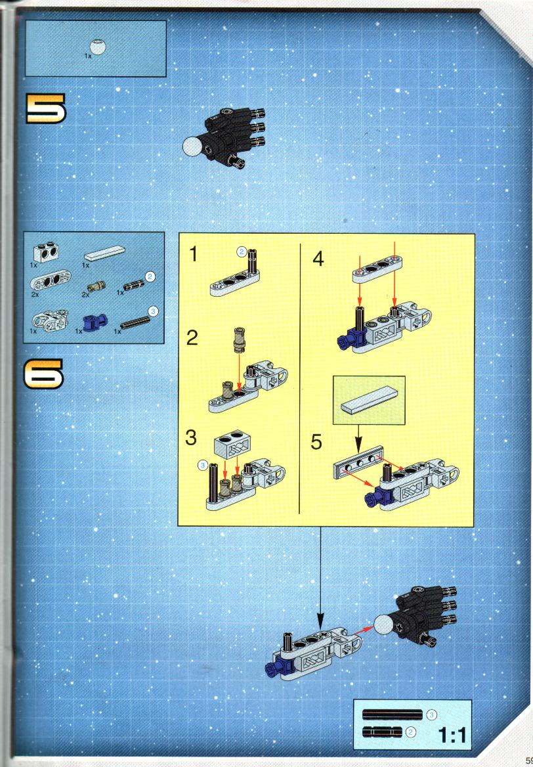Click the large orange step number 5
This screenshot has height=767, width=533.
(45, 108)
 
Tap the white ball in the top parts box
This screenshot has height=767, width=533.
(99, 47)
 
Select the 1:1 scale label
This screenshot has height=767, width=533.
(452, 735)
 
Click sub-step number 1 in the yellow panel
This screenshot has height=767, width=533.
(194, 254)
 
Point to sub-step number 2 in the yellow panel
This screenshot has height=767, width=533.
(192, 338)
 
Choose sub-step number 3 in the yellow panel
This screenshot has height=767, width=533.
(191, 437)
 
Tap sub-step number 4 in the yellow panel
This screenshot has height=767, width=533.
(318, 258)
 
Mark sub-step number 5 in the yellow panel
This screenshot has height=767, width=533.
(316, 442)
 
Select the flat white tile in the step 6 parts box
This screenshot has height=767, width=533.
(104, 253)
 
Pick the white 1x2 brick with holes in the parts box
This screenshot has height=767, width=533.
(47, 252)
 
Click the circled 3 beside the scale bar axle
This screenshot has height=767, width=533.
(431, 715)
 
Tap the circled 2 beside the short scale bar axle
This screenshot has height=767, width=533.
(412, 732)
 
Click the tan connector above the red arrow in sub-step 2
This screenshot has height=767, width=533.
(239, 340)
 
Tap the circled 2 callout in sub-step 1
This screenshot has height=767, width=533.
(242, 252)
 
